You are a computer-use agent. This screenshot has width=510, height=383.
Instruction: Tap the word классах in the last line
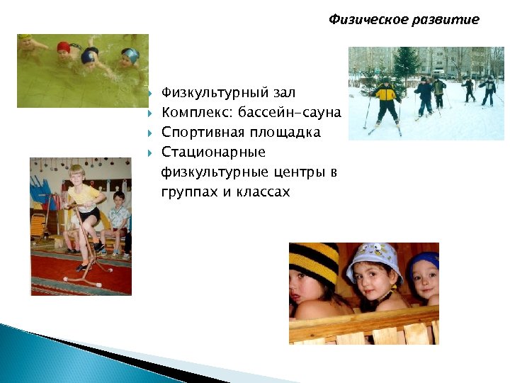(x=263, y=191)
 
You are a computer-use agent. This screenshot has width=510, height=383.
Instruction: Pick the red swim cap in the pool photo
(x=64, y=48)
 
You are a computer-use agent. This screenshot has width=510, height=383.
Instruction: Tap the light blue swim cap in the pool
(x=130, y=54)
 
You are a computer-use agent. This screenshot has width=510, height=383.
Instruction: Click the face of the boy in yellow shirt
(x=76, y=177)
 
